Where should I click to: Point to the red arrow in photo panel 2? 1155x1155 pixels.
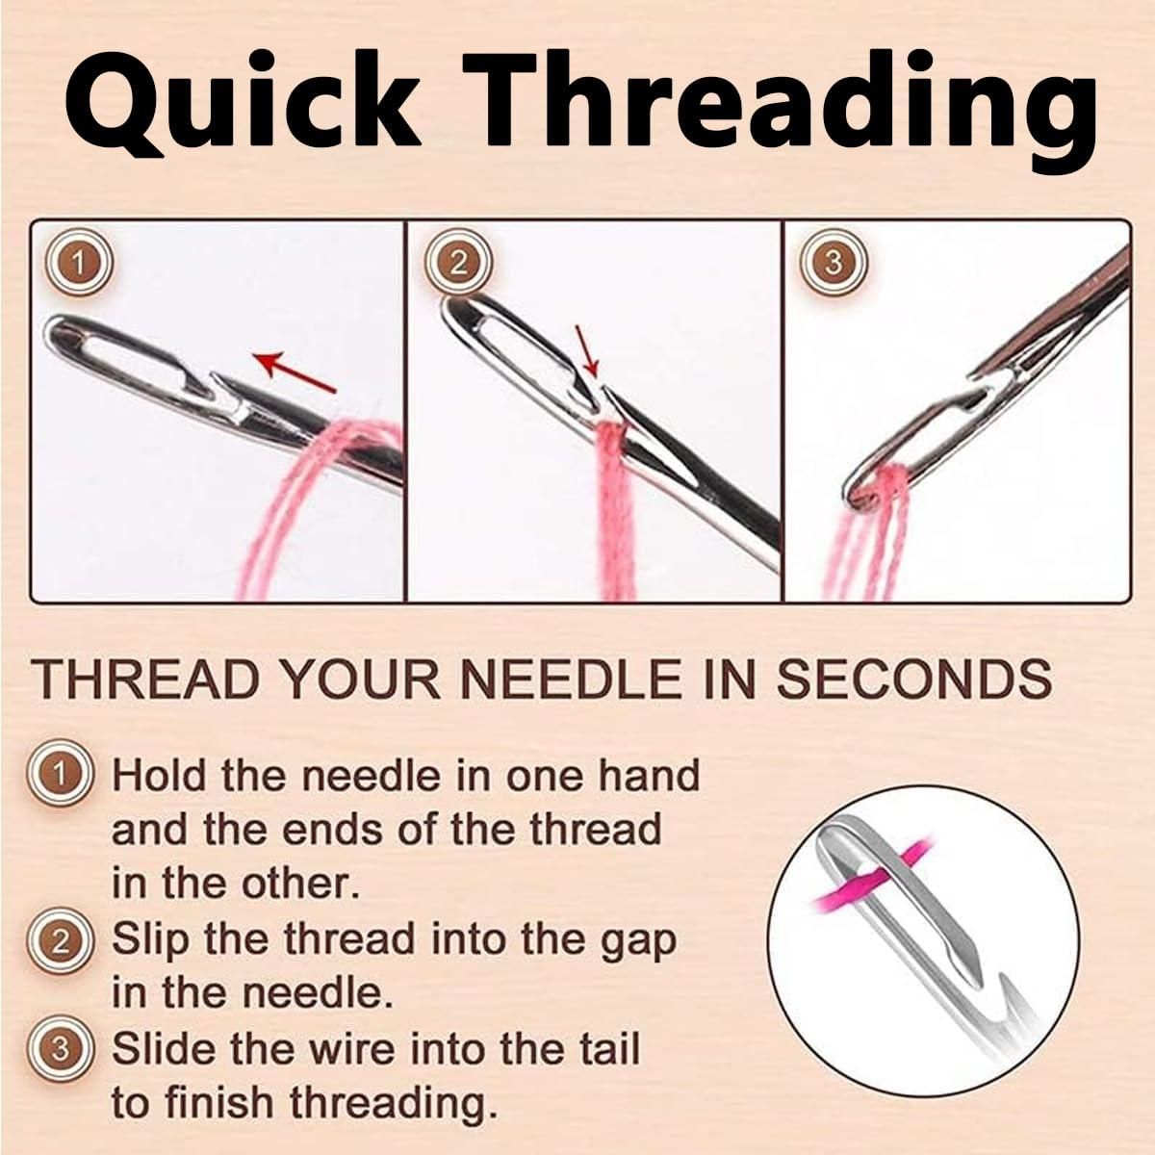click(588, 351)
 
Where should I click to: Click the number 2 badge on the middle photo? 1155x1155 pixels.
click(460, 262)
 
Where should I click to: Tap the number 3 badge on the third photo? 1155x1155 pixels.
click(834, 262)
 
